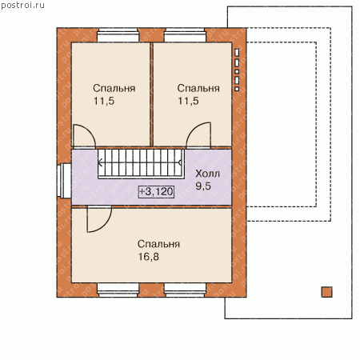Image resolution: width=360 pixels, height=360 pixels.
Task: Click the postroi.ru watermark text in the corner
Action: tap(22, 6)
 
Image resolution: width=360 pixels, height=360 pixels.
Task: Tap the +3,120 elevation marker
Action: tap(157, 191)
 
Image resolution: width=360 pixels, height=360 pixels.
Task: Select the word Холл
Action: tap(208, 174)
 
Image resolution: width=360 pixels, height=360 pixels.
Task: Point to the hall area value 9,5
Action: tap(203, 186)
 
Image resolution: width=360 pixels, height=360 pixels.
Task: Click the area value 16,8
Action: tap(148, 257)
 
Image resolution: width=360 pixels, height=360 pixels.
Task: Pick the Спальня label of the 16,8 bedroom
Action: tap(158, 244)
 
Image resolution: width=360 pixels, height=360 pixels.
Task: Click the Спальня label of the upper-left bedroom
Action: tap(114, 88)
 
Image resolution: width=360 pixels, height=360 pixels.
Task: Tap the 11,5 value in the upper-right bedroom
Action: tap(188, 101)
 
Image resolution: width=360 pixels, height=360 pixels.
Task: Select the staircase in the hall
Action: tap(141, 163)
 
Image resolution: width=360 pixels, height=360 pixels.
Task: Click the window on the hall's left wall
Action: tap(64, 181)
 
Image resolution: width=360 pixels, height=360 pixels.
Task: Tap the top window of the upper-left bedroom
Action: tap(118, 35)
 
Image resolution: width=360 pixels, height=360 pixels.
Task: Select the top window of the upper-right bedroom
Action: tap(186, 35)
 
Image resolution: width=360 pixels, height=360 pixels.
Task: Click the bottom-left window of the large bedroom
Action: tap(118, 290)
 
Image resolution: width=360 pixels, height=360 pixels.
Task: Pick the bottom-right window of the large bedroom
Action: tap(186, 290)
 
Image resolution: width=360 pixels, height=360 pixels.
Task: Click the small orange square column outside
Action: tap(326, 292)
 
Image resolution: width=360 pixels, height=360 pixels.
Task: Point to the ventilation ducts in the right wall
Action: tap(237, 70)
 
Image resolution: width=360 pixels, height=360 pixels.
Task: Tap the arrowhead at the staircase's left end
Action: tap(100, 162)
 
